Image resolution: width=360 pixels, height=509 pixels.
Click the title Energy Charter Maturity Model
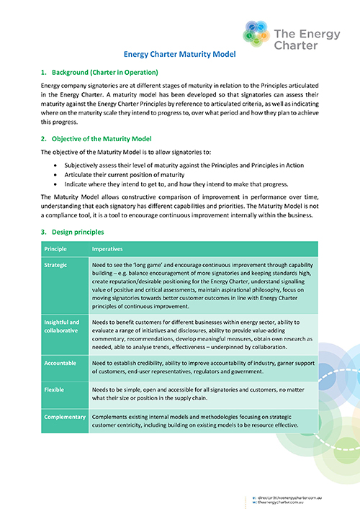click(179, 53)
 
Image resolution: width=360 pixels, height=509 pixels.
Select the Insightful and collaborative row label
click(60, 326)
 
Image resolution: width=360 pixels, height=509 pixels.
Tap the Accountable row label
click(60, 364)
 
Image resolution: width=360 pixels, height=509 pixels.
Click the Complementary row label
click(64, 416)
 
